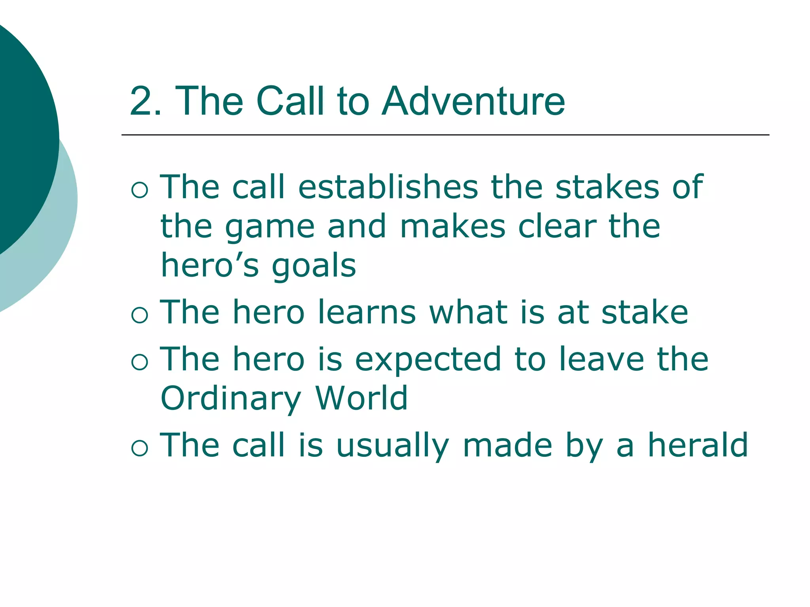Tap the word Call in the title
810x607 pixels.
(x=291, y=102)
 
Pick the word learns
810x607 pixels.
(x=367, y=313)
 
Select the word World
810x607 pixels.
(x=361, y=398)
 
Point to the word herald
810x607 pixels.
(x=698, y=445)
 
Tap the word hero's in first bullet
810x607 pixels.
(x=210, y=266)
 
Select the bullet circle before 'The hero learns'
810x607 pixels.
(x=140, y=315)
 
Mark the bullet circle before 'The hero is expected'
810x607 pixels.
(x=140, y=362)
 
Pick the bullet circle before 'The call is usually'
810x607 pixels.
(x=140, y=448)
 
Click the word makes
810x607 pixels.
(x=453, y=227)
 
